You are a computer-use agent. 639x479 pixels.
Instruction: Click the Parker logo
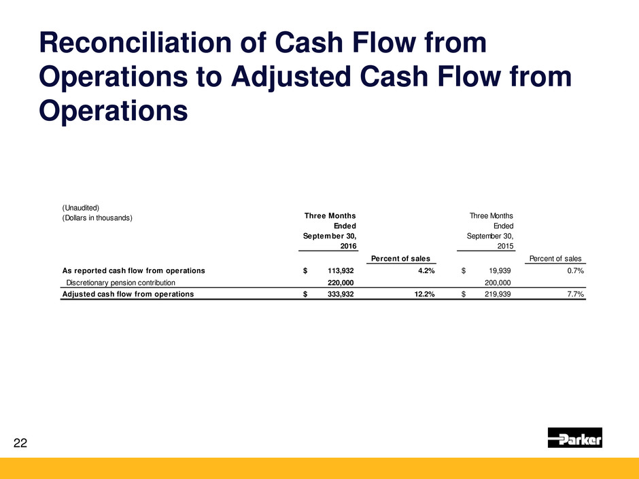coord(574,438)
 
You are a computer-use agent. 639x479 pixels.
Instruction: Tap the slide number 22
coord(20,443)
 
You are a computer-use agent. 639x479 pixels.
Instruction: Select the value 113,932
coord(341,271)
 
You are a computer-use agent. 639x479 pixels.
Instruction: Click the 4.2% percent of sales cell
coord(426,271)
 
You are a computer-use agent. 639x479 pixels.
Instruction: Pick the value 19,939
coord(500,271)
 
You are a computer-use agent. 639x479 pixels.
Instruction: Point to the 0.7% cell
coord(575,271)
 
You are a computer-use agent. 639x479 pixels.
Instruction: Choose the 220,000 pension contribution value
coord(341,283)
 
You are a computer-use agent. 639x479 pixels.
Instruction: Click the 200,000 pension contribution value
coord(498,283)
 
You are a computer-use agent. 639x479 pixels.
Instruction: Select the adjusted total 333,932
coord(341,294)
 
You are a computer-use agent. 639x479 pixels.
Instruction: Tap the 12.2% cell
coord(424,294)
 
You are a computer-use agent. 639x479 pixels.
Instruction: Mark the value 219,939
coord(498,294)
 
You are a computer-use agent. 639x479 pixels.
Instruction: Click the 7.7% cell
coord(575,294)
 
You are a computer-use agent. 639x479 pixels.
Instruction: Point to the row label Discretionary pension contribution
coord(120,283)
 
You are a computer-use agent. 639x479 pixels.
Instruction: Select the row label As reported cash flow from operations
coord(134,271)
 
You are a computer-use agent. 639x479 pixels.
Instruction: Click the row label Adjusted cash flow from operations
coord(128,294)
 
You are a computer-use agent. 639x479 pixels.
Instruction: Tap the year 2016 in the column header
coord(349,246)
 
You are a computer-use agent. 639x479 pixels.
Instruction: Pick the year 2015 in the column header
coord(505,246)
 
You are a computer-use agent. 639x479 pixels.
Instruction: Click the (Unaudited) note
coord(81,208)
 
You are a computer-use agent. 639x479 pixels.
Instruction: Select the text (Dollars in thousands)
coord(97,218)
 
